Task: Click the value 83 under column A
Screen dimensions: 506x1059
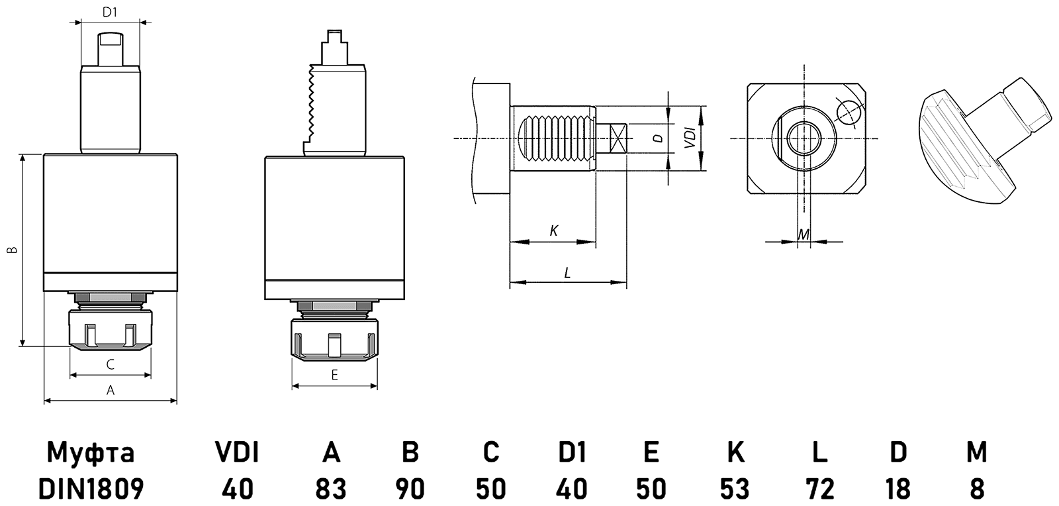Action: click(331, 489)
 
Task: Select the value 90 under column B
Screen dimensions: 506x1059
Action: click(410, 489)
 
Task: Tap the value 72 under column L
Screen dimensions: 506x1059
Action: click(819, 489)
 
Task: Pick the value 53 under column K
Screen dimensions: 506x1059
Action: click(735, 489)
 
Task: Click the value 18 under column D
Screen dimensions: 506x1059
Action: click(898, 489)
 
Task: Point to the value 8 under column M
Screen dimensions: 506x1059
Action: click(976, 489)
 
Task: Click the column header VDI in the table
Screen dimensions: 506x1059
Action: click(237, 452)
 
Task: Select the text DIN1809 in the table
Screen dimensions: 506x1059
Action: click(91, 489)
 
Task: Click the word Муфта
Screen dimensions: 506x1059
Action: click(91, 453)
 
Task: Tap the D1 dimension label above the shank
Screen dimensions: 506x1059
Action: click(110, 12)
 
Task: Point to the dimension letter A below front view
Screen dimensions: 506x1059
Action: click(111, 391)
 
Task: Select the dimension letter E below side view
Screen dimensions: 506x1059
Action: click(334, 376)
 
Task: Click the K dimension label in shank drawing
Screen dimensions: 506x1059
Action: click(554, 230)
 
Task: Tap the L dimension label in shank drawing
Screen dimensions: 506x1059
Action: click(567, 272)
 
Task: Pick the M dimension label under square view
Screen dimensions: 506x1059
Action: click(804, 234)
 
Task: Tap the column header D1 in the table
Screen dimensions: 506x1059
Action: click(572, 452)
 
